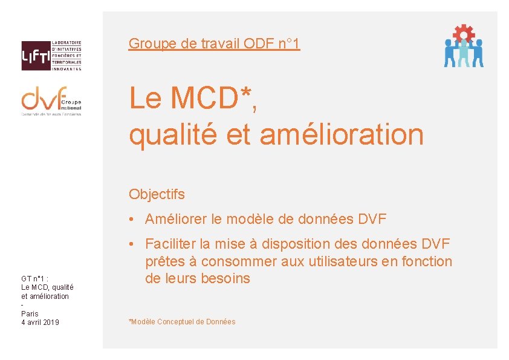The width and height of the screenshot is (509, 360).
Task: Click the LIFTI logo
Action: click(51, 56)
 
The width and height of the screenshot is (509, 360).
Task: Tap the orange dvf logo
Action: click(51, 100)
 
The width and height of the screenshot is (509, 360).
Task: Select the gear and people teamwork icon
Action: click(464, 46)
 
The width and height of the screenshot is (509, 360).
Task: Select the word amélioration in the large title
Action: click(342, 134)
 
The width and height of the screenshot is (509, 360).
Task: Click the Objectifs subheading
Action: click(157, 195)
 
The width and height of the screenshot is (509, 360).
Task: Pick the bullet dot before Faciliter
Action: click(132, 244)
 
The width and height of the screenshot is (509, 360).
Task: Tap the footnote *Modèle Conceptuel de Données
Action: click(182, 322)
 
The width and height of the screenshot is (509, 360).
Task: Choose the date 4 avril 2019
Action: click(40, 322)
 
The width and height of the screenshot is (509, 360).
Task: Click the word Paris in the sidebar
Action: click(30, 313)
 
